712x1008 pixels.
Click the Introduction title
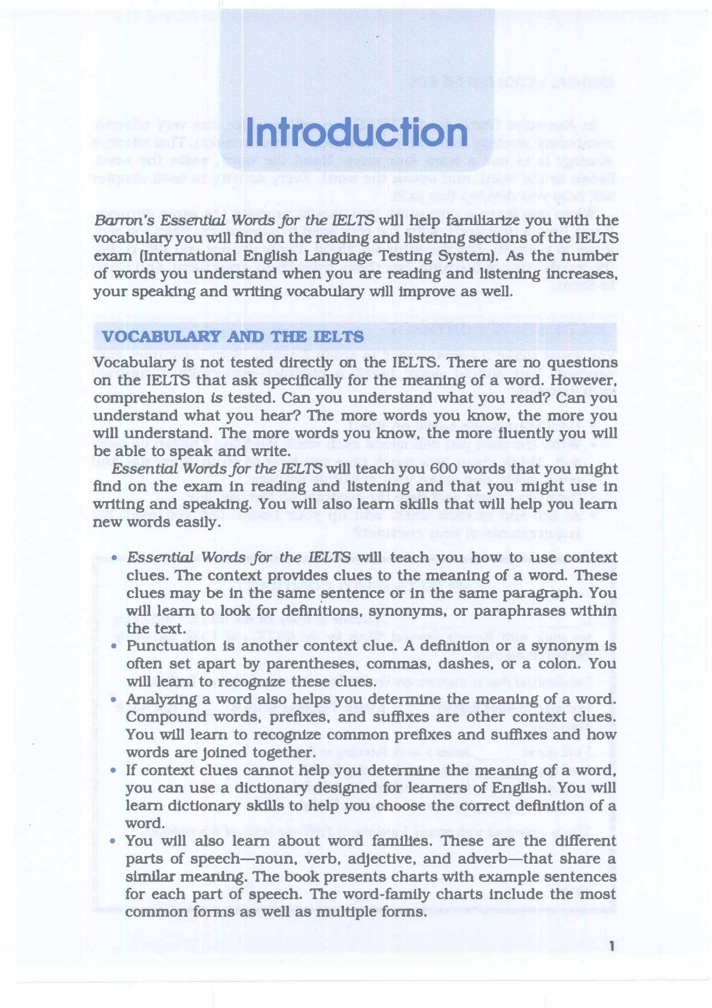[x=357, y=133]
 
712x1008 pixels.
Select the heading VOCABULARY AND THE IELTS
[x=233, y=336]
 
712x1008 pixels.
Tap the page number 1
[x=611, y=946]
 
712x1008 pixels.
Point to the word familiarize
[x=465, y=220]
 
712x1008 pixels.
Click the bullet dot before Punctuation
[x=114, y=647]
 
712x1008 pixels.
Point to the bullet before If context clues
[x=114, y=771]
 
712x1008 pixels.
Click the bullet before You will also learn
[x=114, y=842]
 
